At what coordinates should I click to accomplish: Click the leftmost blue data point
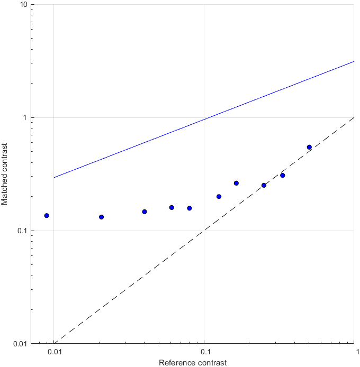point(47,216)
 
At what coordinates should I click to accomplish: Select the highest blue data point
point(309,147)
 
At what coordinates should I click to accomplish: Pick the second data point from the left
point(102,217)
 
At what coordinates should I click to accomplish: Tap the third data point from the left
point(145,212)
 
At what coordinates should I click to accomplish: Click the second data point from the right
point(283,175)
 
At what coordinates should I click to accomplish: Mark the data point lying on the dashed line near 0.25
point(264,185)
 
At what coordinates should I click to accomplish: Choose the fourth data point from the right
point(236,183)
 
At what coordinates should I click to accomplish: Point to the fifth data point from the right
point(219,197)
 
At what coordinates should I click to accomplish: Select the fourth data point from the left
point(172,207)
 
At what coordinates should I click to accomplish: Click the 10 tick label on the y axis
point(24,5)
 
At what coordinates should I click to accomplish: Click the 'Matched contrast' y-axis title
point(5,175)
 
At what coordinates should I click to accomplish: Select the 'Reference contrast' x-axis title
point(193,362)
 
